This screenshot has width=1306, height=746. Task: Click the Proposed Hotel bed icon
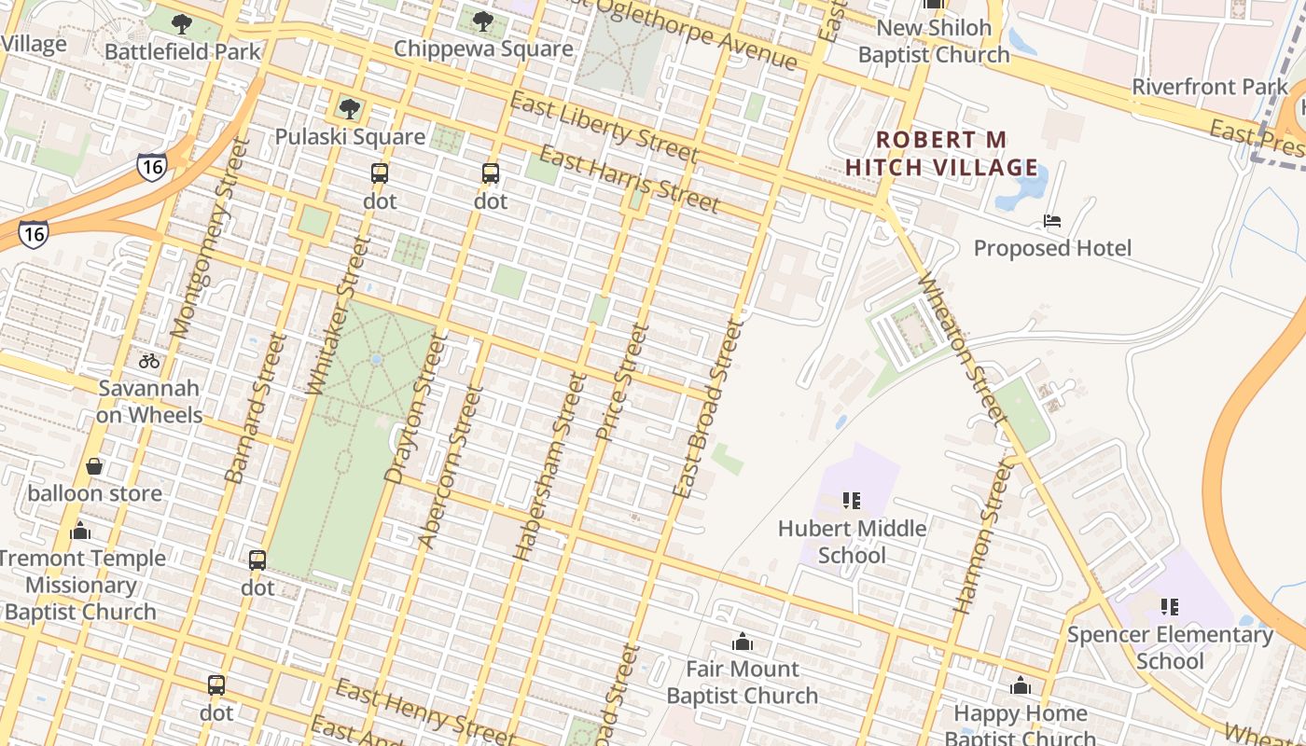pyautogui.click(x=1052, y=221)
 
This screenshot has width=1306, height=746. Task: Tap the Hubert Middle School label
pyautogui.click(x=852, y=542)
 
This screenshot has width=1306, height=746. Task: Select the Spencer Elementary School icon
pyautogui.click(x=1170, y=607)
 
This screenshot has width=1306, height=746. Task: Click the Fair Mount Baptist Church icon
pyautogui.click(x=743, y=642)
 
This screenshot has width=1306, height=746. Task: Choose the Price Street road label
pyautogui.click(x=621, y=381)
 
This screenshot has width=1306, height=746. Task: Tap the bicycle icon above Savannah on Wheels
pyautogui.click(x=149, y=361)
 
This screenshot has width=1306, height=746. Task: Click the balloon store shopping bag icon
pyautogui.click(x=94, y=466)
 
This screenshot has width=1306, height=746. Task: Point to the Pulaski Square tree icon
pyautogui.click(x=350, y=109)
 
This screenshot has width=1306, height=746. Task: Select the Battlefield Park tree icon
pyautogui.click(x=182, y=23)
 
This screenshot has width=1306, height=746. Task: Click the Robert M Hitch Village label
pyautogui.click(x=941, y=154)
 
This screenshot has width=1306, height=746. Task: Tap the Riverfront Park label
pyautogui.click(x=1210, y=87)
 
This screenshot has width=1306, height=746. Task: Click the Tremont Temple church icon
pyautogui.click(x=80, y=531)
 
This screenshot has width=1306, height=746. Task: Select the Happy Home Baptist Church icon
pyautogui.click(x=1021, y=686)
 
